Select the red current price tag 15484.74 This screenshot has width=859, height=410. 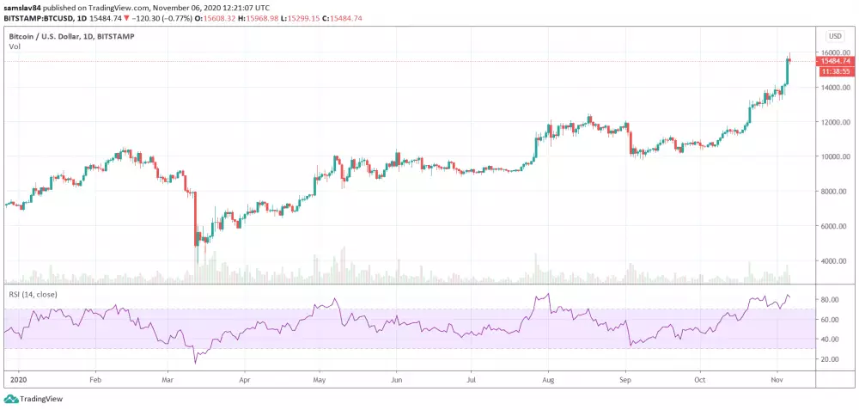point(835,61)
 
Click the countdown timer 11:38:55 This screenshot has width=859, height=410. point(835,71)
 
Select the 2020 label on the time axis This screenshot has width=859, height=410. point(15,378)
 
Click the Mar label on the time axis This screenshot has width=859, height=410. point(168,378)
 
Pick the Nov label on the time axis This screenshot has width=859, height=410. point(776,378)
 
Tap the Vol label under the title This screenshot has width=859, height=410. point(15,46)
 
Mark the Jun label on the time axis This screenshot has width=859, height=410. point(396,378)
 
